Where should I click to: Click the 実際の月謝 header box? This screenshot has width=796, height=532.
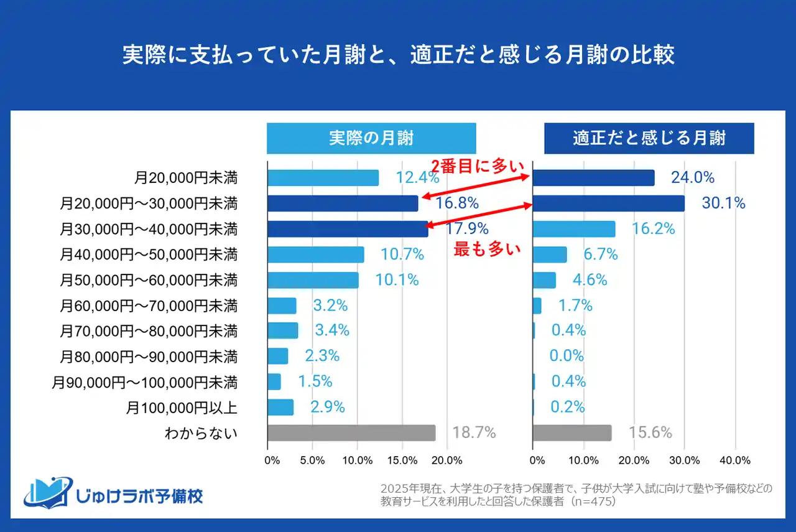[371, 138]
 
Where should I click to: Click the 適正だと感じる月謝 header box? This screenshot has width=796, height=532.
[649, 138]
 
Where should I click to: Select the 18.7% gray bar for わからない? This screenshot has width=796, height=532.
[351, 433]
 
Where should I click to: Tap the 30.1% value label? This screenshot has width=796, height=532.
[723, 203]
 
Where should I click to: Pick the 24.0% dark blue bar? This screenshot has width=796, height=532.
[594, 178]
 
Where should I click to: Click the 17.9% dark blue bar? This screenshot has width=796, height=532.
[348, 229]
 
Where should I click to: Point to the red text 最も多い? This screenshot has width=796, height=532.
[486, 250]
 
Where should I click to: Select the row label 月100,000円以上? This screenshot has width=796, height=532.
[182, 408]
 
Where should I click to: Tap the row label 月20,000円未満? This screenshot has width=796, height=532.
[186, 178]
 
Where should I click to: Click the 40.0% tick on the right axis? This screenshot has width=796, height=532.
[734, 460]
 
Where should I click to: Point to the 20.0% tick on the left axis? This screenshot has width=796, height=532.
[447, 460]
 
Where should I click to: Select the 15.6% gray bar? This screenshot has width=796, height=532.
[572, 433]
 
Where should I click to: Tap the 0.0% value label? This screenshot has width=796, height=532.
[567, 356]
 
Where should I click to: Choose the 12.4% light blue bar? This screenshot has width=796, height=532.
[323, 178]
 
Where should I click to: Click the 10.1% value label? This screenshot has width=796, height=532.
[397, 280]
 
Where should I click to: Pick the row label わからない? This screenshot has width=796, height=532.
[201, 433]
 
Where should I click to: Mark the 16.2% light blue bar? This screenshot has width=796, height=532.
[574, 229]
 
